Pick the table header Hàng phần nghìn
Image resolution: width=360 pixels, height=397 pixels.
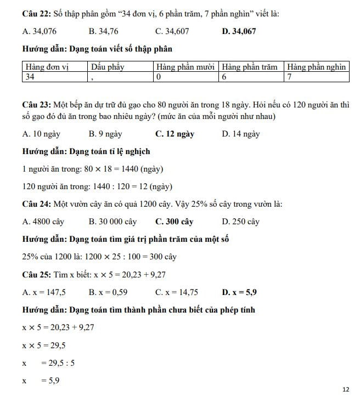[317, 67]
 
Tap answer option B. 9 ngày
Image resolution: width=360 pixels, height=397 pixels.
[105, 134]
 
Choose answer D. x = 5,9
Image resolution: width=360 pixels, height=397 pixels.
[239, 292]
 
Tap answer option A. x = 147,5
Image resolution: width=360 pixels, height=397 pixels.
[44, 292]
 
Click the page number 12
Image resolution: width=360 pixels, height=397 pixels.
[345, 389]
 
